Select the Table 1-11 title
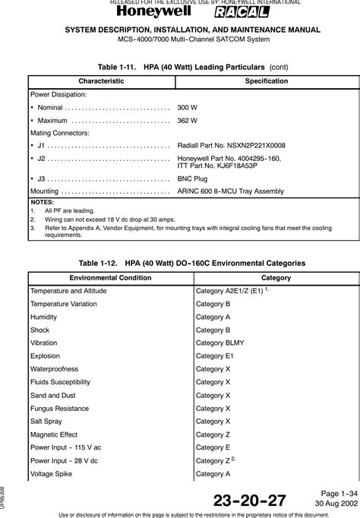coord(179,66)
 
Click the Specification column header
coord(261,81)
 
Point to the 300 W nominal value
coord(187,107)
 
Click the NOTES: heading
coord(41,203)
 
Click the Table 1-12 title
coord(179,262)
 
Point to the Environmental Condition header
coord(109,277)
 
